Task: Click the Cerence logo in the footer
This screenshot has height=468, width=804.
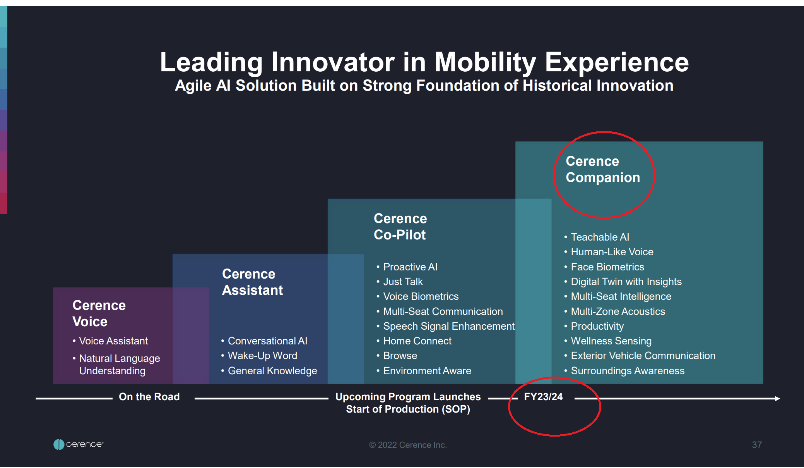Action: click(79, 444)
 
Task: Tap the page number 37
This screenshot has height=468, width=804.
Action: click(757, 445)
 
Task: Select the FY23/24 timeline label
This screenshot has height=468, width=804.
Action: click(543, 397)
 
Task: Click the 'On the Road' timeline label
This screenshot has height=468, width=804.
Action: click(149, 397)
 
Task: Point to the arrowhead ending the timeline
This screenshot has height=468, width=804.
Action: click(778, 398)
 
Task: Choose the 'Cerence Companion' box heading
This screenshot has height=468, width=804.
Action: click(603, 169)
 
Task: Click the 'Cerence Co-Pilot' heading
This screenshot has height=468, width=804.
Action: click(400, 227)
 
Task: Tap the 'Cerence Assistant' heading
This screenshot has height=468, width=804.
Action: click(252, 282)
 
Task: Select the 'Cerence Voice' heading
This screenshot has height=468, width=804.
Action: click(99, 313)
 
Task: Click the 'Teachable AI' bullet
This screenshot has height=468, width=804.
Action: click(600, 237)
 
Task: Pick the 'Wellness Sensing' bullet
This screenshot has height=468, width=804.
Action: click(611, 341)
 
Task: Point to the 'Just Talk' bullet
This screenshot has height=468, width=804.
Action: click(403, 282)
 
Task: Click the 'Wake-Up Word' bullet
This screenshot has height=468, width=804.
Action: click(262, 356)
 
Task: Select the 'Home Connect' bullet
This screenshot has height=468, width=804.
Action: click(417, 341)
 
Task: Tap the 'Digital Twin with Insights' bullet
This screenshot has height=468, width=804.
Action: click(626, 282)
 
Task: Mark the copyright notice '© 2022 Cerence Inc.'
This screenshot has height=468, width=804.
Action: click(408, 445)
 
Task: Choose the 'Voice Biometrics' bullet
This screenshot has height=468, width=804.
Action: click(421, 296)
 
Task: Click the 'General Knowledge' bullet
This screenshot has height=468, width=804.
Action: click(272, 371)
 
